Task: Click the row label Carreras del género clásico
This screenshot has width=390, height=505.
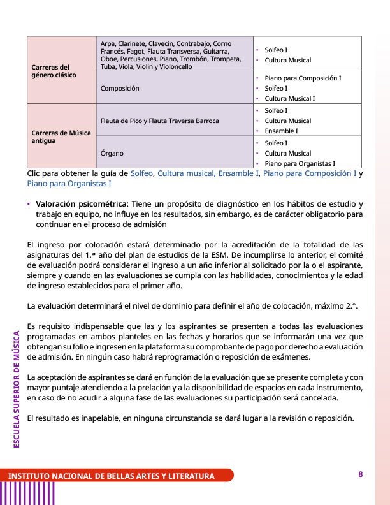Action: point(54,71)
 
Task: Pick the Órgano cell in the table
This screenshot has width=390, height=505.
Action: point(113,153)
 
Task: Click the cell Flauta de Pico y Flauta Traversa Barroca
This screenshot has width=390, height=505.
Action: point(159,121)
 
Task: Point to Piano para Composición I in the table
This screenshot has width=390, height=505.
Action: point(303,78)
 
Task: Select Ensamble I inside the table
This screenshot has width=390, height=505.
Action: point(281,131)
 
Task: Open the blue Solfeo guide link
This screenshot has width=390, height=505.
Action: point(141,173)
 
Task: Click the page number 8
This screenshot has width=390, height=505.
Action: point(361,474)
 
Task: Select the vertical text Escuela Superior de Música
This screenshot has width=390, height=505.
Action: point(17,388)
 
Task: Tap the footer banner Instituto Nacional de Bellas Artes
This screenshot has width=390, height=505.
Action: point(111,476)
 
